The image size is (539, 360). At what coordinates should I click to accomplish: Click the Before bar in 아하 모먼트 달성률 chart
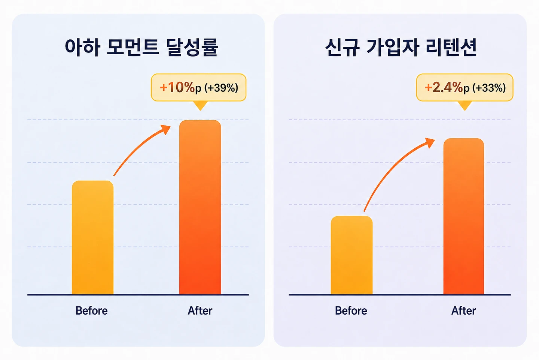click(93, 238)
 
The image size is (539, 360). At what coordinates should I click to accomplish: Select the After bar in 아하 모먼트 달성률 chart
click(200, 207)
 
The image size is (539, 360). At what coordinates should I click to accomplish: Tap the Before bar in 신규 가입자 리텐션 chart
click(351, 255)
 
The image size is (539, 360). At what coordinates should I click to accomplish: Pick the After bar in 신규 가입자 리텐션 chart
click(464, 216)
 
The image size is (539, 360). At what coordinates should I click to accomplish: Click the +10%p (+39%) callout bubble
click(198, 87)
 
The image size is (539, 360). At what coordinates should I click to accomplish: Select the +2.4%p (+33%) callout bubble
click(465, 87)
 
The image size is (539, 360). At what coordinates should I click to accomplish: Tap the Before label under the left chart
click(92, 311)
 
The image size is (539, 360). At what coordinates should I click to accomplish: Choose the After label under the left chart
click(200, 311)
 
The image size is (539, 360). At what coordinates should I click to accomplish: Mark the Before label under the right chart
click(351, 311)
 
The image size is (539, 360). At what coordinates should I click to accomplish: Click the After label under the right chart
click(464, 311)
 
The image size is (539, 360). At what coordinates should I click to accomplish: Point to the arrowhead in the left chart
click(166, 129)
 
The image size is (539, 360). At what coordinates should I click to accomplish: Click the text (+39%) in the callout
click(221, 88)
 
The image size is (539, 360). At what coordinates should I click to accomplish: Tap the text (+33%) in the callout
click(489, 88)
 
